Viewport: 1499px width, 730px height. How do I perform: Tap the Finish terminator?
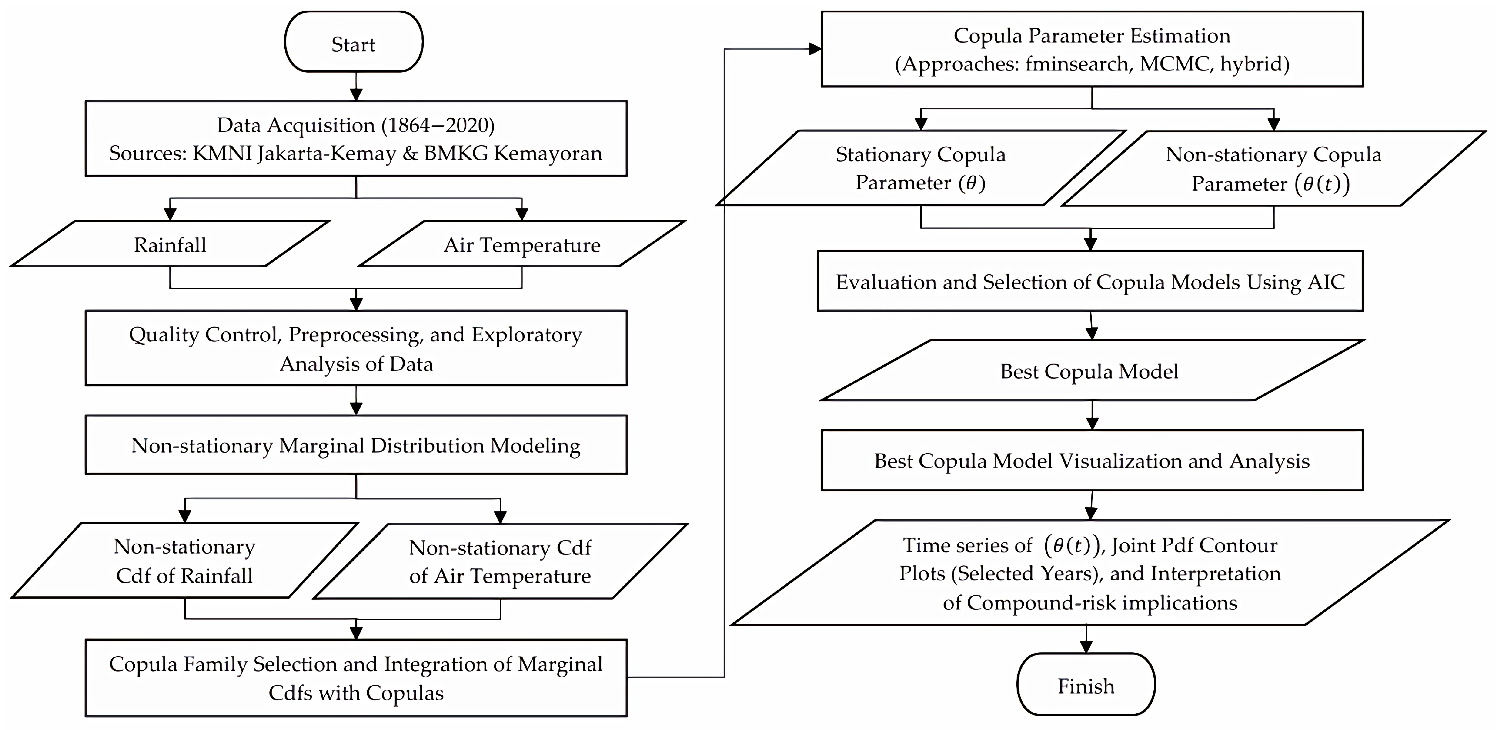pos(1086,685)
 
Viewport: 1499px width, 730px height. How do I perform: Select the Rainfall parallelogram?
pos(170,244)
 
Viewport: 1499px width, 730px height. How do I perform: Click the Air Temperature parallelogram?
pos(522,244)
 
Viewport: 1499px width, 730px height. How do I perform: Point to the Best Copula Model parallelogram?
pos(1089,371)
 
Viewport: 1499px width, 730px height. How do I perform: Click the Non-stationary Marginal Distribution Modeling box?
pos(356,445)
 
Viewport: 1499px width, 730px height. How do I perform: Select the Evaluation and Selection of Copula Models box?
pos(1090,281)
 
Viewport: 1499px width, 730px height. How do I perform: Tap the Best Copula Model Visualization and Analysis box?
pos(1092,460)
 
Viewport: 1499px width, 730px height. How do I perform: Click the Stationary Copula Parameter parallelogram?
pos(921,168)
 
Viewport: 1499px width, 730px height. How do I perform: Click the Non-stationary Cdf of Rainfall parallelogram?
pos(184,561)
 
